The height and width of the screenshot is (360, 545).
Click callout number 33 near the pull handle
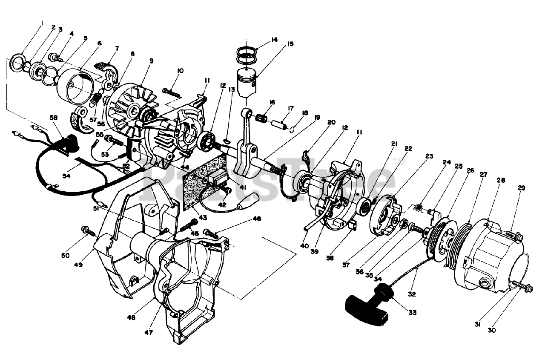coord(412,313)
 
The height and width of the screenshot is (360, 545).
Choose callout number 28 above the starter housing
coord(501,180)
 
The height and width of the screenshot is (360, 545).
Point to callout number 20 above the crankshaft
coord(332,122)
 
